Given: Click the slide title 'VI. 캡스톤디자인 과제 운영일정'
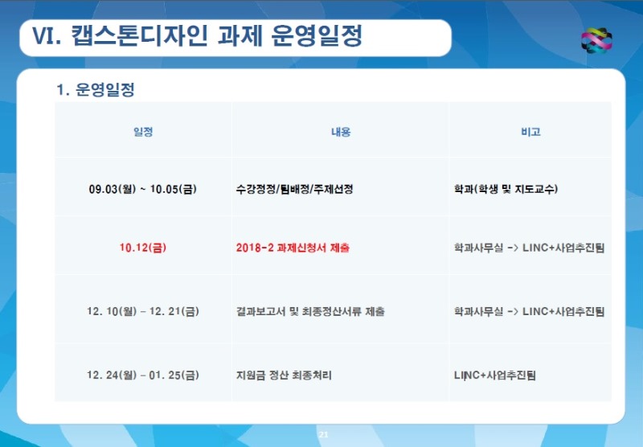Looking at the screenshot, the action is click(197, 36).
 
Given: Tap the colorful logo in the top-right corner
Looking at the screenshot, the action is click(596, 40).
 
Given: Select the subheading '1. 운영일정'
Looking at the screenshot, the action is click(96, 89).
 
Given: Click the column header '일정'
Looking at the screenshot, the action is click(143, 132).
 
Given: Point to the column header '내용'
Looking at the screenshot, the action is click(341, 132).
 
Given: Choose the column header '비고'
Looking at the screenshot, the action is click(530, 132).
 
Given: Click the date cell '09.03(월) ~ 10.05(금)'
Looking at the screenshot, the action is click(143, 189).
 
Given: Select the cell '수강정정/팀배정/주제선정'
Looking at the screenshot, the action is click(294, 189).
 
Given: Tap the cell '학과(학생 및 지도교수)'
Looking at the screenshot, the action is click(506, 189).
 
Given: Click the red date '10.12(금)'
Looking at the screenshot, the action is click(143, 248).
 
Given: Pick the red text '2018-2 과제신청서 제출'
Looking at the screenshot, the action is click(293, 248).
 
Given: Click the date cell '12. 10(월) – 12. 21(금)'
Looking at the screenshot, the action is click(143, 311).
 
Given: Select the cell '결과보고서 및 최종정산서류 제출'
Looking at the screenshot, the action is click(310, 311).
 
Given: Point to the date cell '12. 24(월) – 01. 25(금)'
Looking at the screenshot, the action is click(143, 375).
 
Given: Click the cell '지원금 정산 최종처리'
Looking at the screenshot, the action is click(284, 375).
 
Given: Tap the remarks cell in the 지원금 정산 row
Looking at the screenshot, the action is click(494, 375).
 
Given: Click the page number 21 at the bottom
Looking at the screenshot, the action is click(324, 435).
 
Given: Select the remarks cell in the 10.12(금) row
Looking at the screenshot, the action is click(530, 248).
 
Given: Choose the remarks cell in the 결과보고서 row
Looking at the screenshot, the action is click(530, 311).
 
